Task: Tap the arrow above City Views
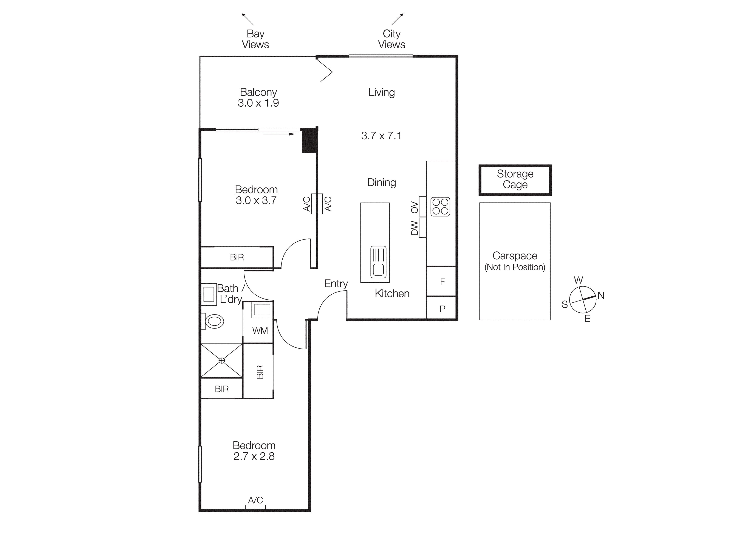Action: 397,19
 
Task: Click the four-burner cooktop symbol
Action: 440,206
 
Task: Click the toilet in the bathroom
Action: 214,321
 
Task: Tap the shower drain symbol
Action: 222,361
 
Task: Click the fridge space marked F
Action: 442,282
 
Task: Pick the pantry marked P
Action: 442,309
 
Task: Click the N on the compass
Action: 601,296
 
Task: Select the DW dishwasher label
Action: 414,228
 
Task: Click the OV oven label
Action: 414,207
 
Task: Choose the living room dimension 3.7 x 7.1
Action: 381,135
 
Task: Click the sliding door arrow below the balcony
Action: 279,134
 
